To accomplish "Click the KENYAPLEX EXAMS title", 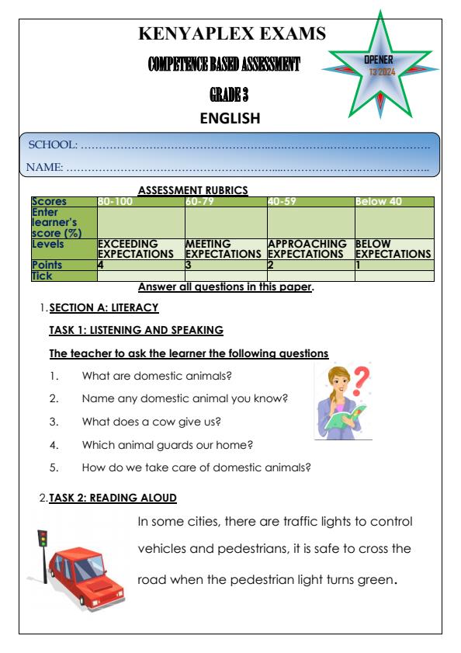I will (230, 34).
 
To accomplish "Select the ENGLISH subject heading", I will (230, 119).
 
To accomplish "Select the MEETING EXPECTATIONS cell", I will (224, 248).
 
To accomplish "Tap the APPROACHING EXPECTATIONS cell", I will (309, 248).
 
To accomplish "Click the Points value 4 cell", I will (100, 265).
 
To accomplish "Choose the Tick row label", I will (40, 275).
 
